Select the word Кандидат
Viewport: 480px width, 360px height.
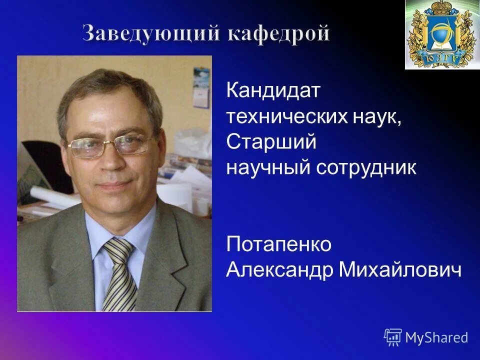[x=273, y=91]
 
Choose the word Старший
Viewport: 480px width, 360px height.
[x=271, y=142]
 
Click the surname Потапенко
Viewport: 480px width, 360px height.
[x=279, y=244]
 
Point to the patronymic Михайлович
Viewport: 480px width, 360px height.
[x=400, y=270]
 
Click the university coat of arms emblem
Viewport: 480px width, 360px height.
[x=442, y=34]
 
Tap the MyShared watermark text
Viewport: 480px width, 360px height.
[x=436, y=337]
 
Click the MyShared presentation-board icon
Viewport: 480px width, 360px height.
[x=393, y=337]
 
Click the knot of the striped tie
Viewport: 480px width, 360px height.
[x=118, y=248]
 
